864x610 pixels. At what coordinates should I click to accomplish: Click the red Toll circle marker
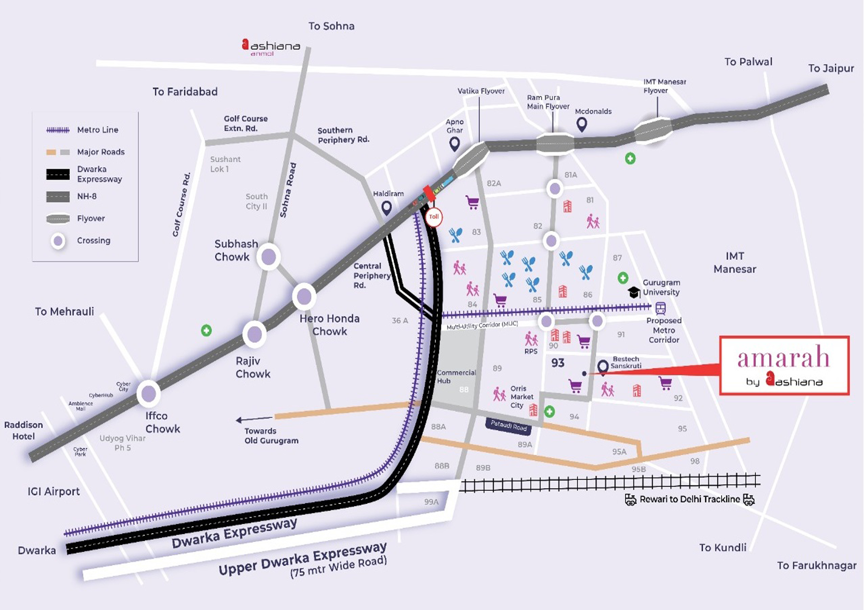pos(434,217)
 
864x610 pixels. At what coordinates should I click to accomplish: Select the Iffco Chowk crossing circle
pos(149,394)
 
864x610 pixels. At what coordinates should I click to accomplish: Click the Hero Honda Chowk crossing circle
pos(304,297)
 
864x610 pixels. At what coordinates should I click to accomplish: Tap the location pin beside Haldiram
pos(387,208)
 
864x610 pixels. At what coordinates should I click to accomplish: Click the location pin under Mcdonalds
pos(582,124)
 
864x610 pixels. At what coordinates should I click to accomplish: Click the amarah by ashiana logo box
pos(784,365)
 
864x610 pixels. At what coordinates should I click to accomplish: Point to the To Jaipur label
pos(831,68)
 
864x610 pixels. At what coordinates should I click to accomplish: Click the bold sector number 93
pos(558,363)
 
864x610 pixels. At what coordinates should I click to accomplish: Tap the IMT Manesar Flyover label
pos(664,86)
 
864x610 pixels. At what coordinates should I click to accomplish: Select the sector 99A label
pos(431,502)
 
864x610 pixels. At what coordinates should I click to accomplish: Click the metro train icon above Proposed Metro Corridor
pos(661,309)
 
